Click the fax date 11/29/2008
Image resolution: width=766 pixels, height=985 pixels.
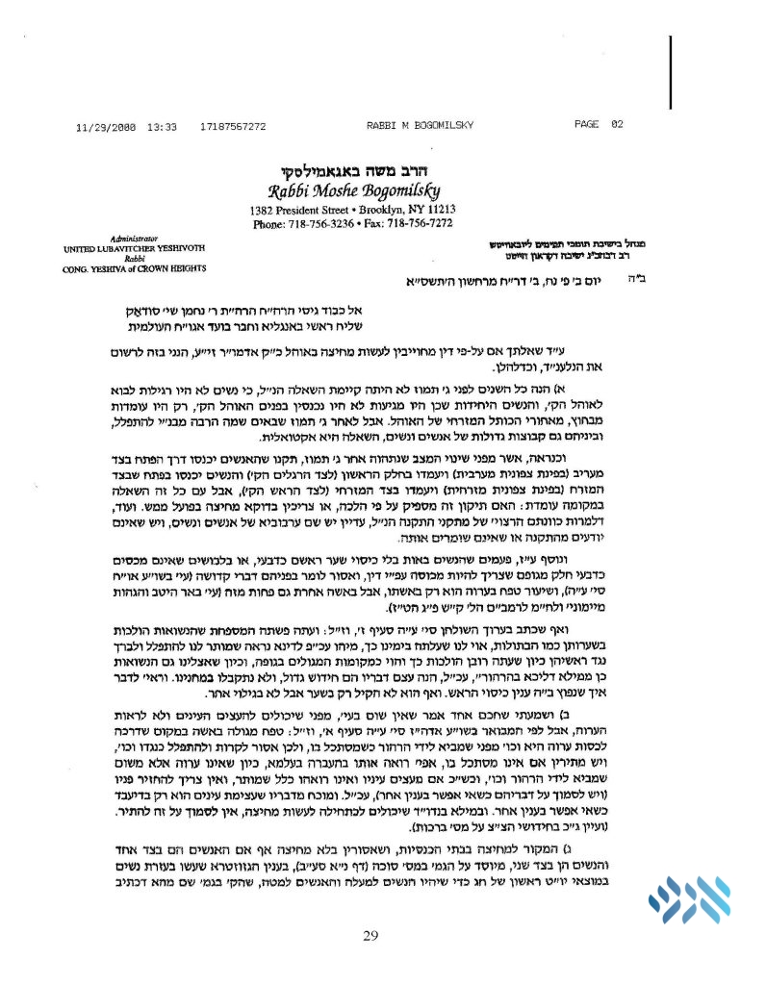(105, 126)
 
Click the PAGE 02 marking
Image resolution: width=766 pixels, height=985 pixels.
(599, 124)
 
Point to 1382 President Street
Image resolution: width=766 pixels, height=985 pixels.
(293, 208)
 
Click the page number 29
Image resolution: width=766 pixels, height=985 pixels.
(370, 936)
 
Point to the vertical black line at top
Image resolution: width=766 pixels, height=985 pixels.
(669, 63)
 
